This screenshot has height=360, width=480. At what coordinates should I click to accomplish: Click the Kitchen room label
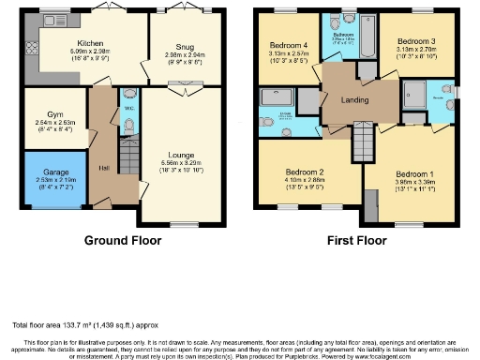coord(91,42)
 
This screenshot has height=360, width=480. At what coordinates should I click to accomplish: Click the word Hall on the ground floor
coord(103,167)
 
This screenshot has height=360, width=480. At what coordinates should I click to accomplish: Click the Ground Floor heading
coord(123,240)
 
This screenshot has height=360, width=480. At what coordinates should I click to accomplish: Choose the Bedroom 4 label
coord(289,45)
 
